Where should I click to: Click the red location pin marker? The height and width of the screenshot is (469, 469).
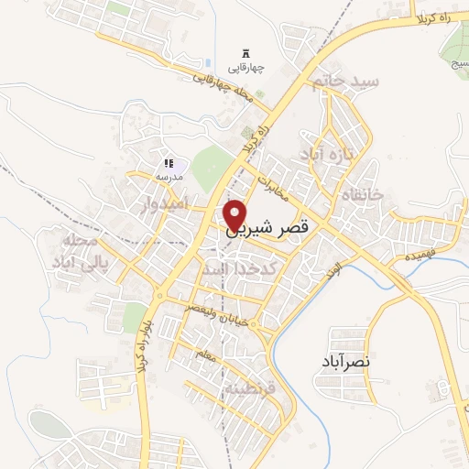click(236, 214)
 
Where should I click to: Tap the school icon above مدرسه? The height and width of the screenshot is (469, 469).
click(168, 162)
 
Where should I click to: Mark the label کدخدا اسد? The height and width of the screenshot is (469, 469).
click(233, 269)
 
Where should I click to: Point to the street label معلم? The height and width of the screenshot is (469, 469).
click(205, 355)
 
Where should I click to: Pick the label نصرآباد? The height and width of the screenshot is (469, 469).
click(346, 362)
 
